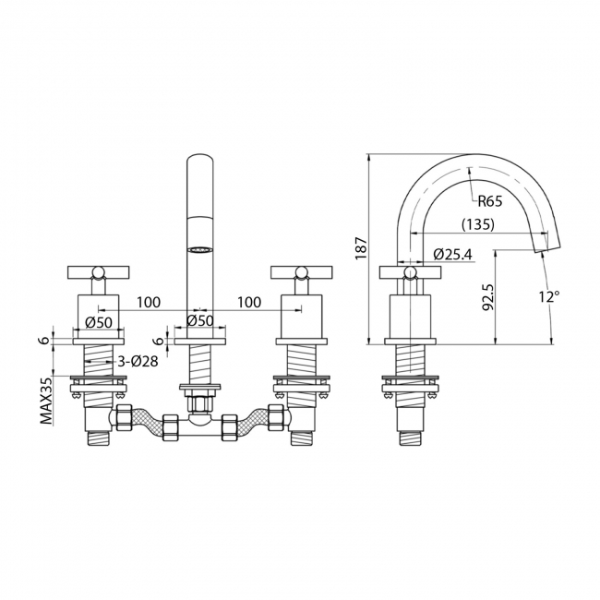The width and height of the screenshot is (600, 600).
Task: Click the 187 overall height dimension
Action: pyautogui.click(x=361, y=246)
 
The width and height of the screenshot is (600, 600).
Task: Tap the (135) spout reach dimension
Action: pyautogui.click(x=478, y=224)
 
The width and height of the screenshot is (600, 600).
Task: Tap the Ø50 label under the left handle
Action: pyautogui.click(x=98, y=321)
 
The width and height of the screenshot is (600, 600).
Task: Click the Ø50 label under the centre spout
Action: pyautogui.click(x=199, y=321)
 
